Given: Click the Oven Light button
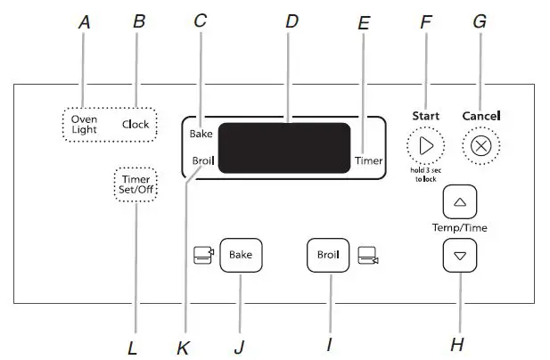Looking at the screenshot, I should point(85,124).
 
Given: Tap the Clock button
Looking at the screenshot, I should point(135,124).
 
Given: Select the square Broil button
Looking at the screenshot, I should point(327,255).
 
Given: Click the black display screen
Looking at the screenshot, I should point(284,148).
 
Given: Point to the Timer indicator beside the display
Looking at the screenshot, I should point(368,161).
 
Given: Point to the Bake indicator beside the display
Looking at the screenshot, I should point(201,134).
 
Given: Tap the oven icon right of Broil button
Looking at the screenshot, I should point(367,257).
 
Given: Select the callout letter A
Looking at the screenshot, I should point(85,22).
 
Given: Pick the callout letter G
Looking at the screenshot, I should point(480,22).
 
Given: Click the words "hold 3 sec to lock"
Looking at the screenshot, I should point(424,175).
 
